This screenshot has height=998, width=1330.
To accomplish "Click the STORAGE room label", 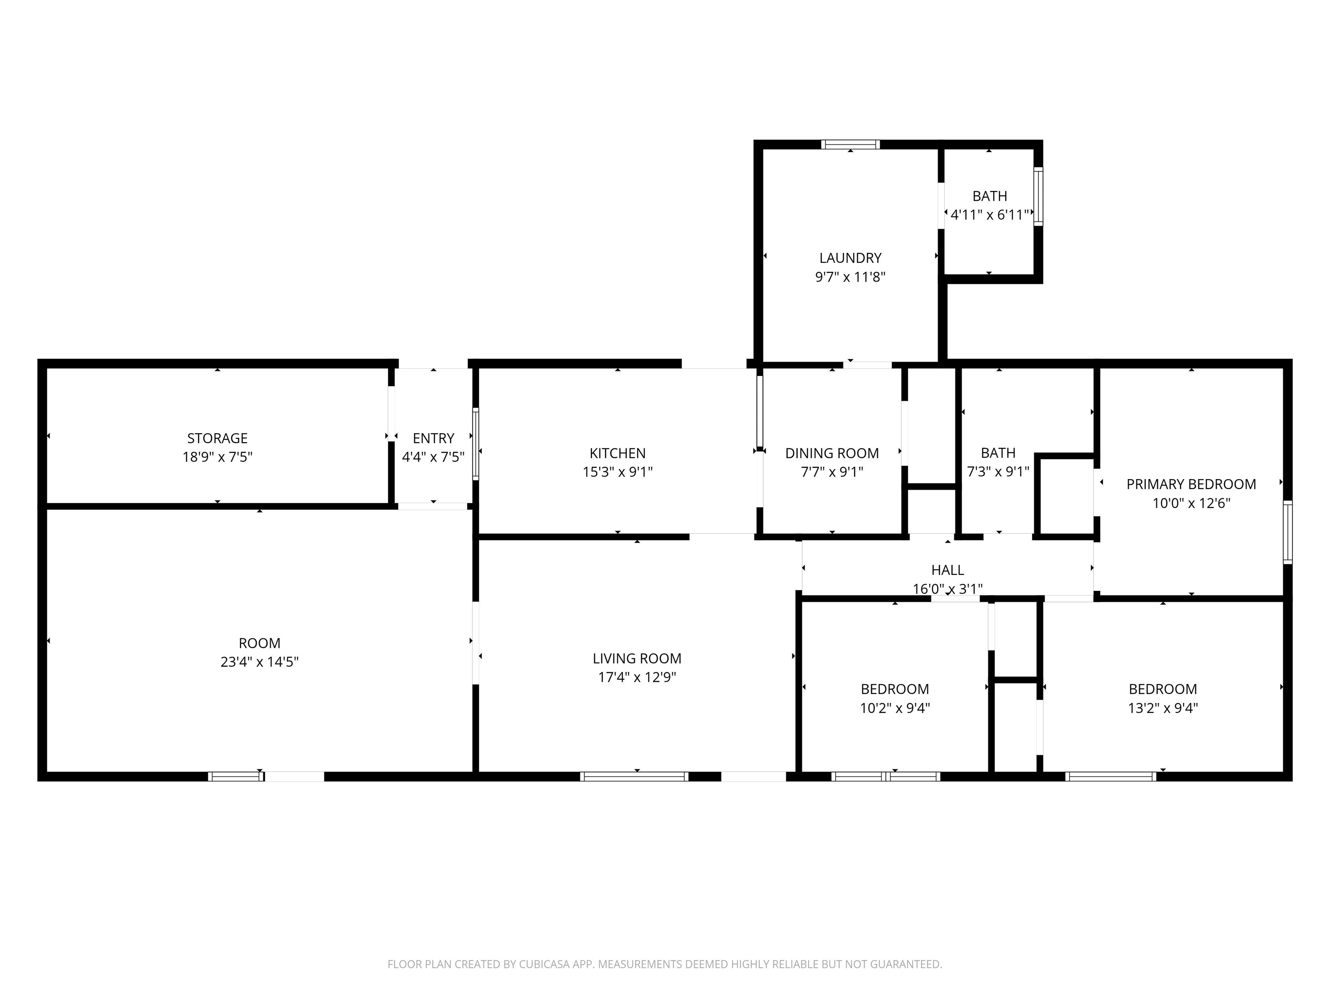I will coord(217,438).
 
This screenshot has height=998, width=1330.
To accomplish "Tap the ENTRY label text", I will coord(433,438).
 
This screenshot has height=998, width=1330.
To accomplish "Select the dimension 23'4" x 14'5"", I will coord(259,662).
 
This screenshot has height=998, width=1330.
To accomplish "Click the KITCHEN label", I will coord(617,453).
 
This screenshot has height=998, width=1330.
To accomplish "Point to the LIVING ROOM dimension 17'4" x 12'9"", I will coord(637,677).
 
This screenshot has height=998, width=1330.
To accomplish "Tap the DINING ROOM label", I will coord(832,453).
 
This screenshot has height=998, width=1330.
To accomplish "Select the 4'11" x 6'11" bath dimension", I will coord(990,215).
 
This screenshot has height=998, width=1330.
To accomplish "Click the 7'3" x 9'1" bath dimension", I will coord(998,472).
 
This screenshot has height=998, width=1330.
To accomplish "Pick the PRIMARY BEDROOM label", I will coord(1191,484).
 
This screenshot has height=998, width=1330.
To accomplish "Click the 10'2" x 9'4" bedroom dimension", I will coord(895,708).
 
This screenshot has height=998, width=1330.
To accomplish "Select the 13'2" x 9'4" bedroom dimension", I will coord(1162,708).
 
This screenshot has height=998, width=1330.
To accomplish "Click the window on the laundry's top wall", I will coord(850,144).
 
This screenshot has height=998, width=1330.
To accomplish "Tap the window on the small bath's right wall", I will coord(1038,196).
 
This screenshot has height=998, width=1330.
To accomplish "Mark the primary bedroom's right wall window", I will coord(1287,532).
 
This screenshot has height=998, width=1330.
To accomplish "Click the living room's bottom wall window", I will coord(634,777).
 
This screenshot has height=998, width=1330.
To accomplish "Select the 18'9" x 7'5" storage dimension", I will coord(217,457).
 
